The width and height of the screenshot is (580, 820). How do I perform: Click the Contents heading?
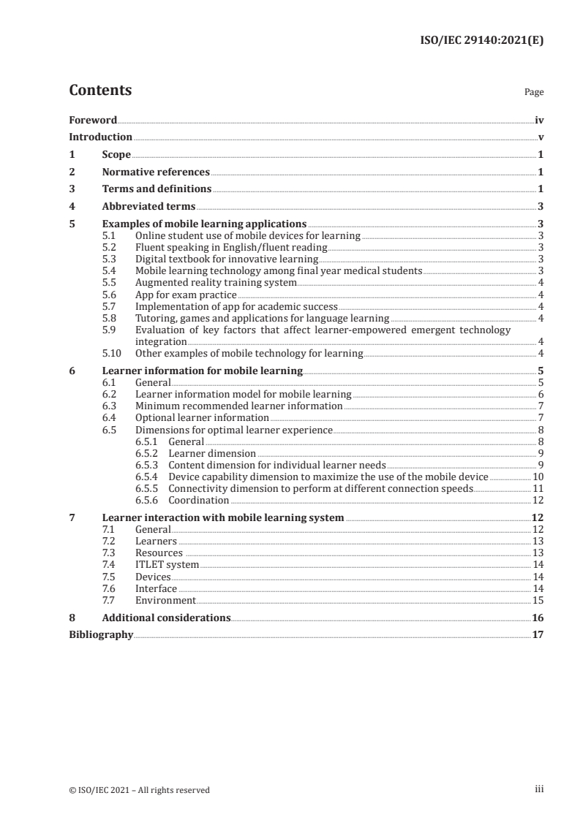(100, 91)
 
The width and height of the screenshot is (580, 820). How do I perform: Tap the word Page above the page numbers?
(534, 93)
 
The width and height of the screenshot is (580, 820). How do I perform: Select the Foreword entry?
(93, 120)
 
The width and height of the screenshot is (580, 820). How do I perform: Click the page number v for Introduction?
(540, 137)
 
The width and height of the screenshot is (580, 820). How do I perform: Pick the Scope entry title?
(116, 155)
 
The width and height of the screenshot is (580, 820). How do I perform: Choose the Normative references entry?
(156, 172)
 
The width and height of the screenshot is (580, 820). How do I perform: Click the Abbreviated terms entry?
(148, 207)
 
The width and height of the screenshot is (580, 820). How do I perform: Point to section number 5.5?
(109, 282)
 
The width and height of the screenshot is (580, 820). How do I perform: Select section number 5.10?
(111, 354)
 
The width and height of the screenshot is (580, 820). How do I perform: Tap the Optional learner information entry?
(202, 417)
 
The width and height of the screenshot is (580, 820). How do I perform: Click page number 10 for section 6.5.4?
(537, 477)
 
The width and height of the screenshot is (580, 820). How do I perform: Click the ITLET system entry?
(167, 565)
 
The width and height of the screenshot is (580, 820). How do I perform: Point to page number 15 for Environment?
(537, 601)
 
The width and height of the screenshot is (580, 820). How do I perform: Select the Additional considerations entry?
(166, 618)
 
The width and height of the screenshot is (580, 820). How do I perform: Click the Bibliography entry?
(101, 635)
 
